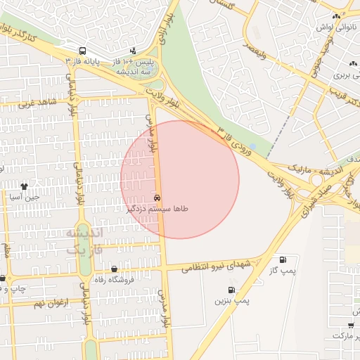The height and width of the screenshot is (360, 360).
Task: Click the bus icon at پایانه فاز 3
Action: pyautogui.click(x=83, y=51)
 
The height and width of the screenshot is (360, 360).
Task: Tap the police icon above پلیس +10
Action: pyautogui.click(x=133, y=51)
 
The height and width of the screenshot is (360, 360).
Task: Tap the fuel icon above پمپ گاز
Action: pyautogui.click(x=283, y=259)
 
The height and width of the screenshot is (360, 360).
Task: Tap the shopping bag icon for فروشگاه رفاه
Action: pyautogui.click(x=115, y=269)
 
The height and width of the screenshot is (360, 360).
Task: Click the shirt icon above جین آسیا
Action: pyautogui.click(x=25, y=186)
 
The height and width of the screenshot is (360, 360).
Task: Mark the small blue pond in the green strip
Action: pyautogui.click(x=252, y=146)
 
